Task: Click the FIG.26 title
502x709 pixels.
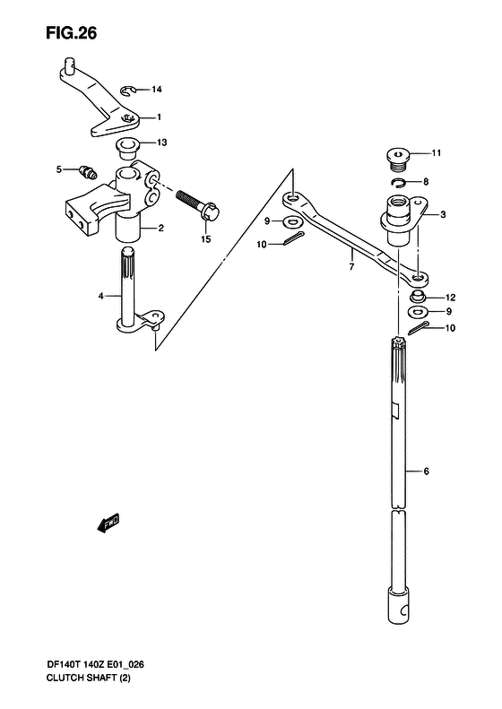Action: [71, 33]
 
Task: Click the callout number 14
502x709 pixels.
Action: [157, 90]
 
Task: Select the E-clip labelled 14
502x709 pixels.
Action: [128, 91]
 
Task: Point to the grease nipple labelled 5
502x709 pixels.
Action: [86, 171]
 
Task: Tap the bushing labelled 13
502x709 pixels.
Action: [127, 148]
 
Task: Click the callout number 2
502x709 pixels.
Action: [160, 228]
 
